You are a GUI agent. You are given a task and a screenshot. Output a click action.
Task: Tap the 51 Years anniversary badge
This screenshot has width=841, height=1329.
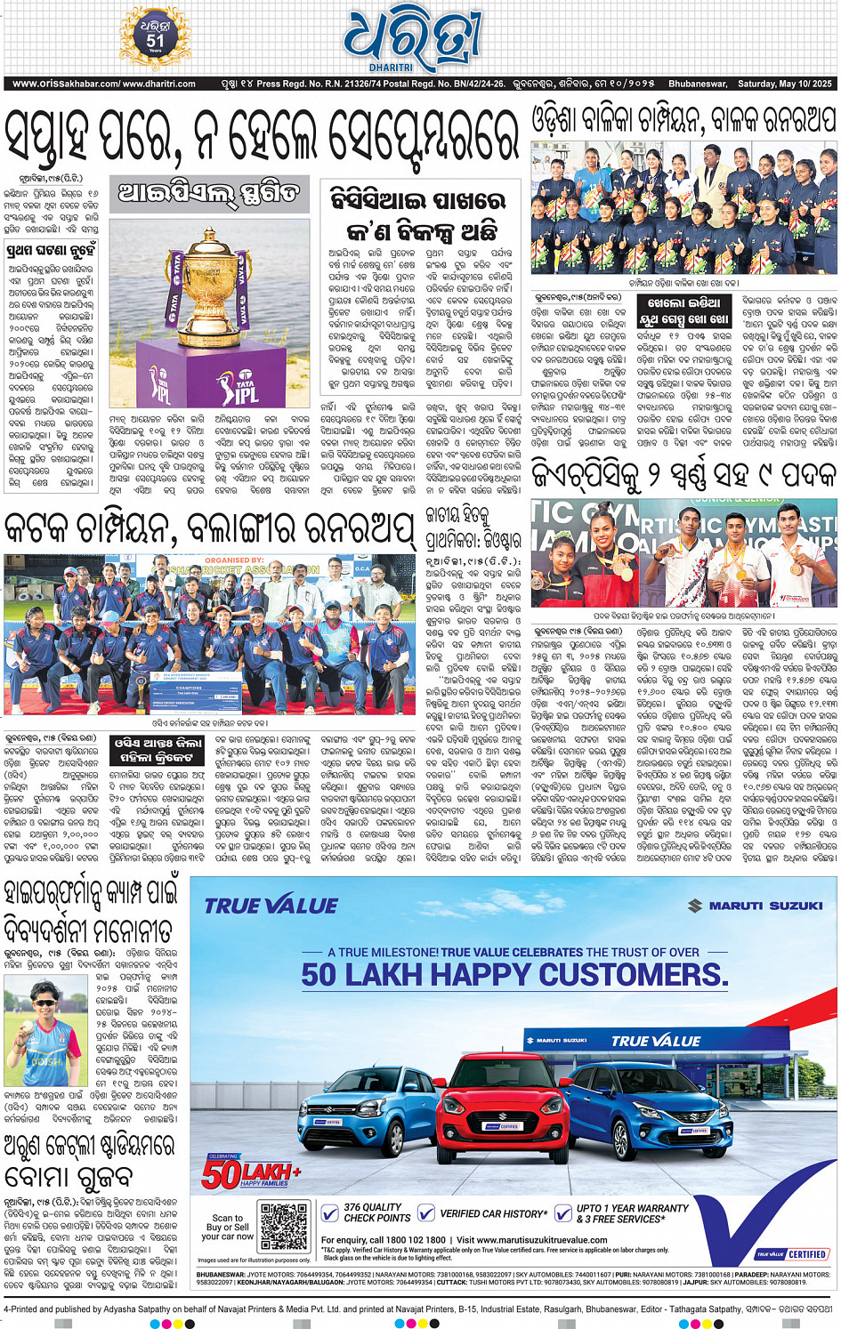[155, 37]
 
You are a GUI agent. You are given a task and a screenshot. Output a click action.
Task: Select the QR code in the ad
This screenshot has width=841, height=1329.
[285, 1227]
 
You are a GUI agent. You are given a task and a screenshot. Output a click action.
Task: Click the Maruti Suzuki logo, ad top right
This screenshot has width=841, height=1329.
[756, 906]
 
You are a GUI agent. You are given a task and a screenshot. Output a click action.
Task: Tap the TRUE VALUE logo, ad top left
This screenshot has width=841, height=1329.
[271, 906]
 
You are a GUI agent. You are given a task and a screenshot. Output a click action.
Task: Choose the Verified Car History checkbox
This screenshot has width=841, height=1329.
[426, 1212]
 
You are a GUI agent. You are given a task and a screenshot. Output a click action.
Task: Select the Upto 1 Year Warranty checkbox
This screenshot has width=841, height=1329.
[562, 1212]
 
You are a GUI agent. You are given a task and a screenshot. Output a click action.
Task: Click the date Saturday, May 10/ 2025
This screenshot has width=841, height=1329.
[784, 84]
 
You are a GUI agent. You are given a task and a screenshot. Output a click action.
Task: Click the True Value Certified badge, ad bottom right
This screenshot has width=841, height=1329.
[792, 1253]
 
